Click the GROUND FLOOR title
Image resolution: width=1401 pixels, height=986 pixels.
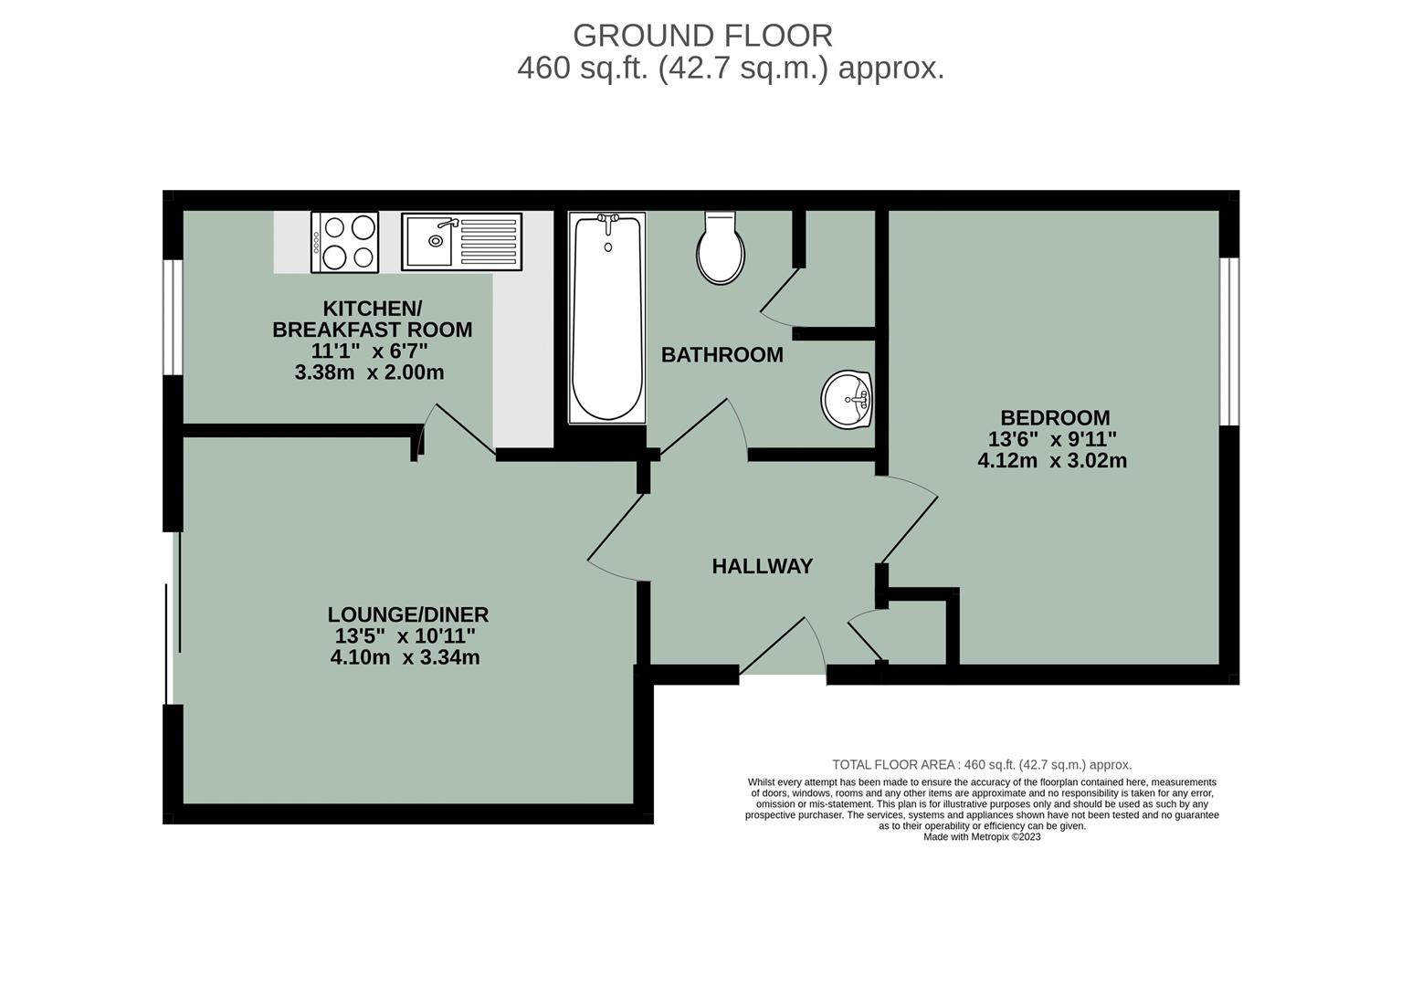(x=702, y=36)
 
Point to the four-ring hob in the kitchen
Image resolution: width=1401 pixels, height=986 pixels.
(x=345, y=242)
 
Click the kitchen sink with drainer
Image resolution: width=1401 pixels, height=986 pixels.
(x=461, y=242)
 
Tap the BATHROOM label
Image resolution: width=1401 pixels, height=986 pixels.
(x=722, y=355)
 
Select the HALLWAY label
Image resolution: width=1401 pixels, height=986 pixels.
(x=762, y=567)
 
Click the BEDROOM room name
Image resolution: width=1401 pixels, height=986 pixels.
(x=1055, y=418)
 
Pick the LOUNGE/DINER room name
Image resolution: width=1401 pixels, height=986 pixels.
(x=408, y=615)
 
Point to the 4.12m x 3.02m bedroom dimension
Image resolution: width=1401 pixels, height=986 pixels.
(x=1052, y=461)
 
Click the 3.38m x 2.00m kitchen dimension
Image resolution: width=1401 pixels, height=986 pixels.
(x=369, y=373)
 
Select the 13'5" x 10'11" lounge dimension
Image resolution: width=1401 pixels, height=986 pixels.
(x=406, y=636)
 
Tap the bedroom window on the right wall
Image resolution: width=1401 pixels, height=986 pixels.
(x=1229, y=341)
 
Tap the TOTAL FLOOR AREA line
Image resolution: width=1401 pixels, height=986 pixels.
(x=982, y=765)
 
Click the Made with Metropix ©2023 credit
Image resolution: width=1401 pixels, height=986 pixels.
(x=982, y=836)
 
